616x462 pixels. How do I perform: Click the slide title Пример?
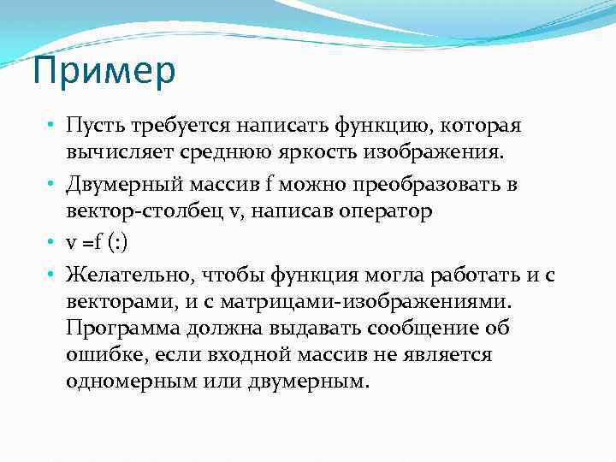coord(104,73)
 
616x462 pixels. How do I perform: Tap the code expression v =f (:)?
coord(96,243)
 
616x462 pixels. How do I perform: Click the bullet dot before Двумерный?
coord(52,185)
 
